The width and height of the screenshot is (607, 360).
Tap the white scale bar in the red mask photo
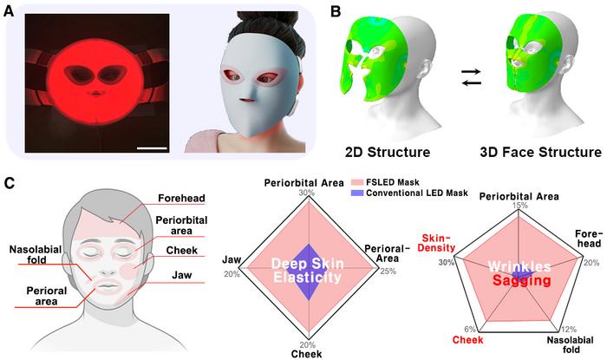click(151, 160)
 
